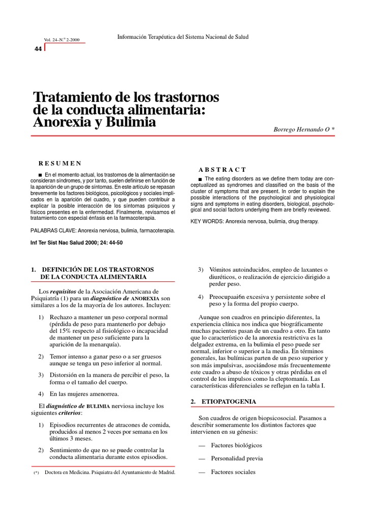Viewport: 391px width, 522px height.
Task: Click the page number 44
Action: point(38,48)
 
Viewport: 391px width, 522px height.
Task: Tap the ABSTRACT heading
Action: point(222,169)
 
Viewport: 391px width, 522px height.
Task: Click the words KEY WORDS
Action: point(206,221)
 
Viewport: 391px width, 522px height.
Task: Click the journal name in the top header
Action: point(183,37)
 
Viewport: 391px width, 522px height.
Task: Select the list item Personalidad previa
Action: point(237,458)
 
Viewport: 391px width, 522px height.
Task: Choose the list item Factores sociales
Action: point(233,472)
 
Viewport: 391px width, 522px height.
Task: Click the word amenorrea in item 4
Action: point(102,394)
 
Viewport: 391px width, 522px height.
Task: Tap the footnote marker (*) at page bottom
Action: point(36,473)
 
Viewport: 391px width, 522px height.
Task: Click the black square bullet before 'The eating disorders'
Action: point(200,178)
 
